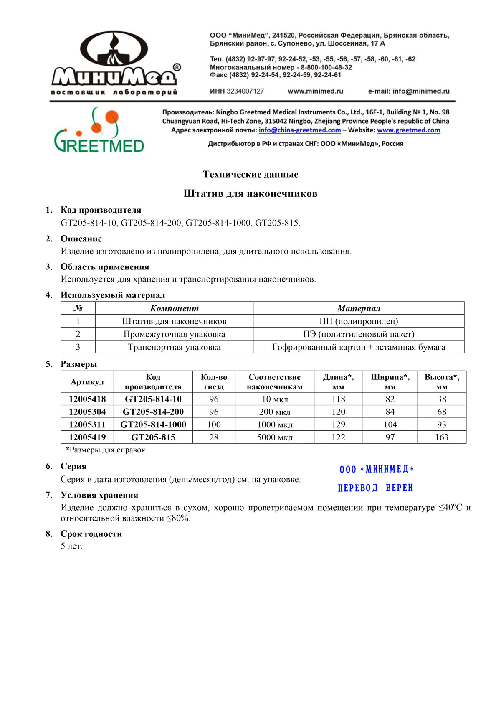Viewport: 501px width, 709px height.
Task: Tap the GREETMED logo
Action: (x=99, y=130)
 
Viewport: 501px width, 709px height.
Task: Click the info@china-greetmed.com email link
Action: (x=299, y=130)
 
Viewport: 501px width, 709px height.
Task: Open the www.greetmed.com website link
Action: (x=408, y=130)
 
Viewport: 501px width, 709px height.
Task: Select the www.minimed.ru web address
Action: (x=315, y=91)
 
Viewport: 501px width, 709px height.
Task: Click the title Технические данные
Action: (x=250, y=174)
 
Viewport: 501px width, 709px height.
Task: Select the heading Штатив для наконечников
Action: (x=250, y=193)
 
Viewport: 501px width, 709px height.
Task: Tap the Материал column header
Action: (x=358, y=308)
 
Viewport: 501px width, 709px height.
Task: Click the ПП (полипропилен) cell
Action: (x=358, y=321)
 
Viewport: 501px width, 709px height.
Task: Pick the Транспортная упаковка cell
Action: (x=174, y=347)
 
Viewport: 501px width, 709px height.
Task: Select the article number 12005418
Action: (x=87, y=399)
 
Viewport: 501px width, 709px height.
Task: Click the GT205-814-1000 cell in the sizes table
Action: (x=153, y=424)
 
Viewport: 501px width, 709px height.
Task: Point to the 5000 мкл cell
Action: (x=275, y=437)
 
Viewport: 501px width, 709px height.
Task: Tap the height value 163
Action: (x=441, y=437)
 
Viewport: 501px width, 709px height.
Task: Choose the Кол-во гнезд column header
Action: (x=214, y=382)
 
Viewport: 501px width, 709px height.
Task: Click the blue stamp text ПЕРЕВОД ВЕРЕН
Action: (x=375, y=488)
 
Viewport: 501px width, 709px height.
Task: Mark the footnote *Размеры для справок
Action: (x=105, y=450)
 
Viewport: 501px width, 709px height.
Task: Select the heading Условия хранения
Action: (x=99, y=495)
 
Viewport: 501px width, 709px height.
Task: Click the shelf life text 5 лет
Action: (x=71, y=546)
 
